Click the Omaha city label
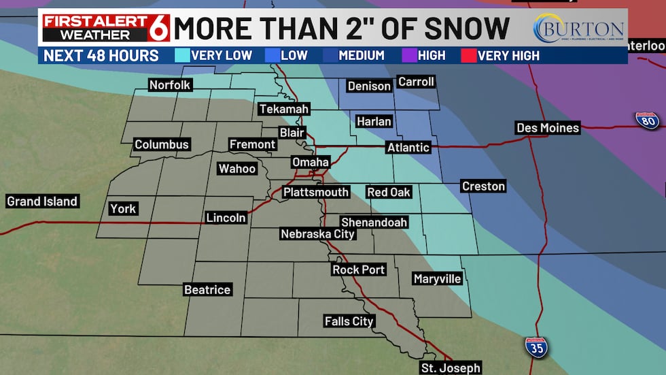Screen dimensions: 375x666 (311, 162)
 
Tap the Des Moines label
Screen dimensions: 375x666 (548, 128)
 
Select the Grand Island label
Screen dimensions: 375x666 (42, 201)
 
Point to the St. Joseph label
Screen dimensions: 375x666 (451, 368)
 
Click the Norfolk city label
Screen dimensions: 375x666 (171, 85)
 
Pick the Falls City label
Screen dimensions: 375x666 (349, 321)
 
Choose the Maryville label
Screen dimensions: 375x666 (438, 279)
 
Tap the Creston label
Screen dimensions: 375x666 (484, 186)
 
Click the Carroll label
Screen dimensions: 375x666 (416, 82)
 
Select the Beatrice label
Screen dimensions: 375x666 (208, 290)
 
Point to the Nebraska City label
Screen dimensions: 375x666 (318, 234)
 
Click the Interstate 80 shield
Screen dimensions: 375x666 (647, 120)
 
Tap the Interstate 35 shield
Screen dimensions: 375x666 (537, 347)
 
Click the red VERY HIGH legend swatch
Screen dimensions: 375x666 (469, 55)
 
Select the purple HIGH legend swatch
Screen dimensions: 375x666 (410, 55)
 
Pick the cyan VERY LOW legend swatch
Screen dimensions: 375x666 (182, 55)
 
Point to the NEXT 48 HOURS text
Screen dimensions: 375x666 (101, 55)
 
